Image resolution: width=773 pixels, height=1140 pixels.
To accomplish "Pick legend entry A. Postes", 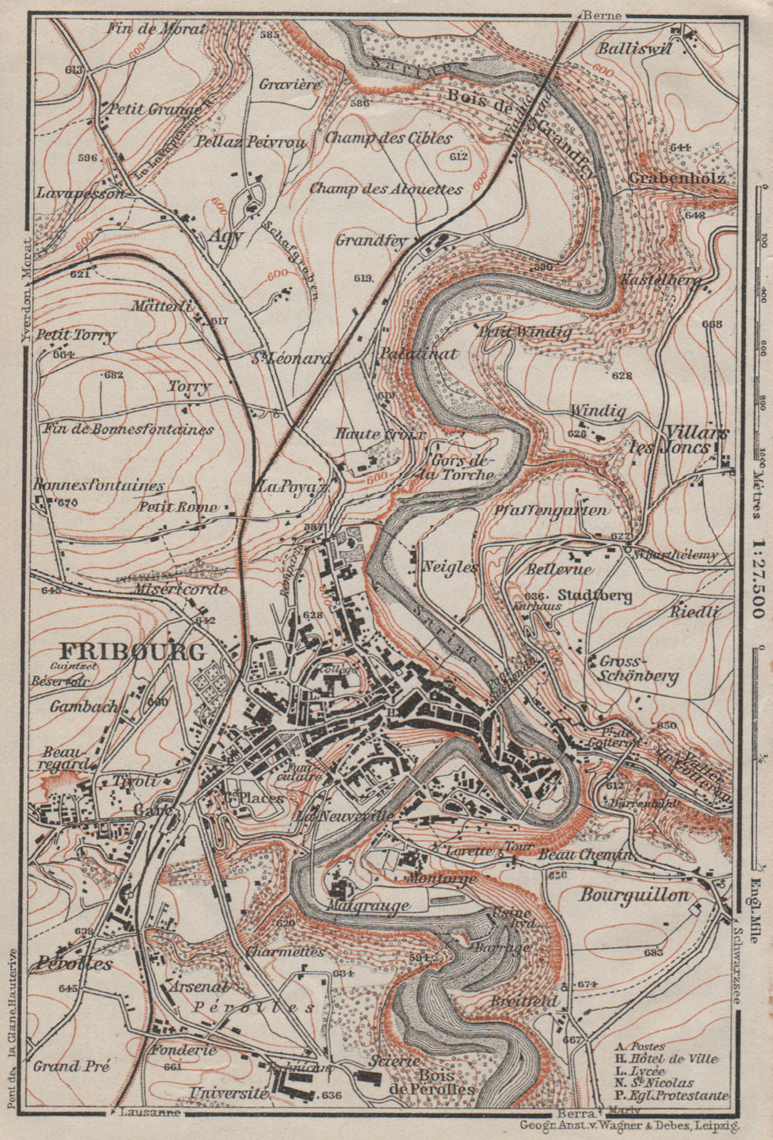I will [640, 1047].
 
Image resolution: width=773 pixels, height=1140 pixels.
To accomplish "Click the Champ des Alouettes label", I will [386, 190].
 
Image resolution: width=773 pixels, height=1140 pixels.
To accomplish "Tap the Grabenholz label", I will [678, 178].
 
